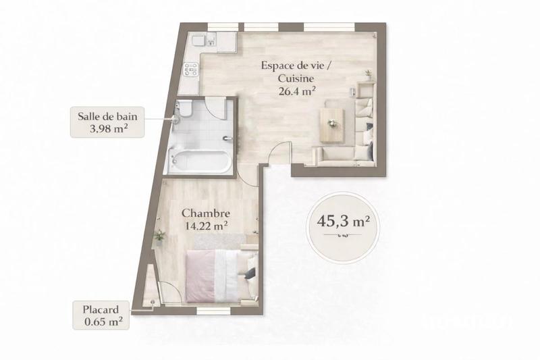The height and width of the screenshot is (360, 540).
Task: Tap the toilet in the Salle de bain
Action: [x=185, y=110]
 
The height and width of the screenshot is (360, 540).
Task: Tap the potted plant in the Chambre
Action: [x=160, y=236]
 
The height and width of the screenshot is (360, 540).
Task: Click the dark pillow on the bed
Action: [x=249, y=274]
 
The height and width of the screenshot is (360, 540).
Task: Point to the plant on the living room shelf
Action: [x=369, y=74]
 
